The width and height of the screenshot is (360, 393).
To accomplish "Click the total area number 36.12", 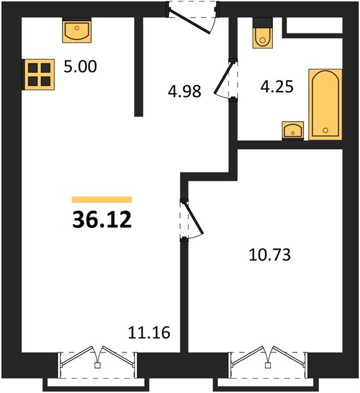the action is click(x=102, y=219).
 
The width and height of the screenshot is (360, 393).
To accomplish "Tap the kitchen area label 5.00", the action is click(x=80, y=67).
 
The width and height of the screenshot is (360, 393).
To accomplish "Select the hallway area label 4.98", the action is click(x=185, y=91).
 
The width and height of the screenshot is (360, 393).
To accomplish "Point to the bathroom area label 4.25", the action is click(x=277, y=86).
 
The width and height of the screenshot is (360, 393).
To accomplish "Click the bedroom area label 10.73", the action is click(x=270, y=255).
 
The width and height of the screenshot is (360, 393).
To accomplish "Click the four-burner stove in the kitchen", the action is click(x=39, y=75).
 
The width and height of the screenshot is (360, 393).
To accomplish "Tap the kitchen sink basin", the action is click(x=77, y=30).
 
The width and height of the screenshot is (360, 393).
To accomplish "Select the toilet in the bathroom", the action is click(x=262, y=37).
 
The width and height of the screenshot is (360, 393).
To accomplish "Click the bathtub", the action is click(x=325, y=104).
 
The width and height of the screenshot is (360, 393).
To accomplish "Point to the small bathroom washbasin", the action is click(x=293, y=130).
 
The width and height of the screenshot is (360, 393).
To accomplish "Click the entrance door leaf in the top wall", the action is click(x=189, y=22).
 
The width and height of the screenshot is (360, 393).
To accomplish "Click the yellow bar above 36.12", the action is click(x=102, y=200).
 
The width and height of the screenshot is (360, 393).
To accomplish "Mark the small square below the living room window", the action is click(x=98, y=365).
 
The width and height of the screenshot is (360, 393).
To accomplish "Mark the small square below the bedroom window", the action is click(x=268, y=365).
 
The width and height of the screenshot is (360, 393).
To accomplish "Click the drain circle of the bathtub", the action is click(x=325, y=130).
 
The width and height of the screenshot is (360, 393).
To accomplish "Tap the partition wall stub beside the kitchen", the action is click(x=139, y=67).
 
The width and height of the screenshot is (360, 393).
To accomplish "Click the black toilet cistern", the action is click(x=262, y=22).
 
